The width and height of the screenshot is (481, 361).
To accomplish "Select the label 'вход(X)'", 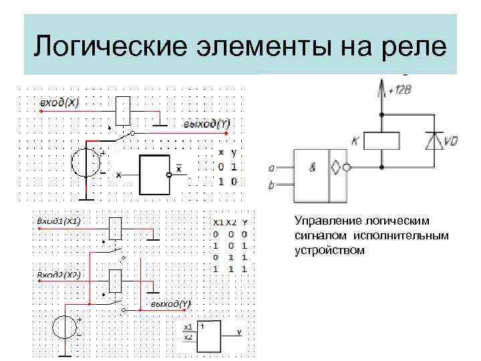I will click(59, 102).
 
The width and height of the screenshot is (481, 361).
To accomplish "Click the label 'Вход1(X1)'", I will click(59, 221).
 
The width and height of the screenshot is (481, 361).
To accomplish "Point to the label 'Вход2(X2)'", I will click(59, 274).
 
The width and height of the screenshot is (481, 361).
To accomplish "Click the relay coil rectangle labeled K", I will click(381, 141).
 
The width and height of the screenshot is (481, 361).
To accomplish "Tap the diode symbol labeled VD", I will click(435, 141).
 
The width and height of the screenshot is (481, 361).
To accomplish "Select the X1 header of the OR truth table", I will click(218, 222).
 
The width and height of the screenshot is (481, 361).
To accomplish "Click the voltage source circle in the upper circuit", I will click(87, 163).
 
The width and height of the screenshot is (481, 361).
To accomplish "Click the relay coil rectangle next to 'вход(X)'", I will click(123, 110).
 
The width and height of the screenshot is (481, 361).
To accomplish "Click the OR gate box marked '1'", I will click(210, 336).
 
